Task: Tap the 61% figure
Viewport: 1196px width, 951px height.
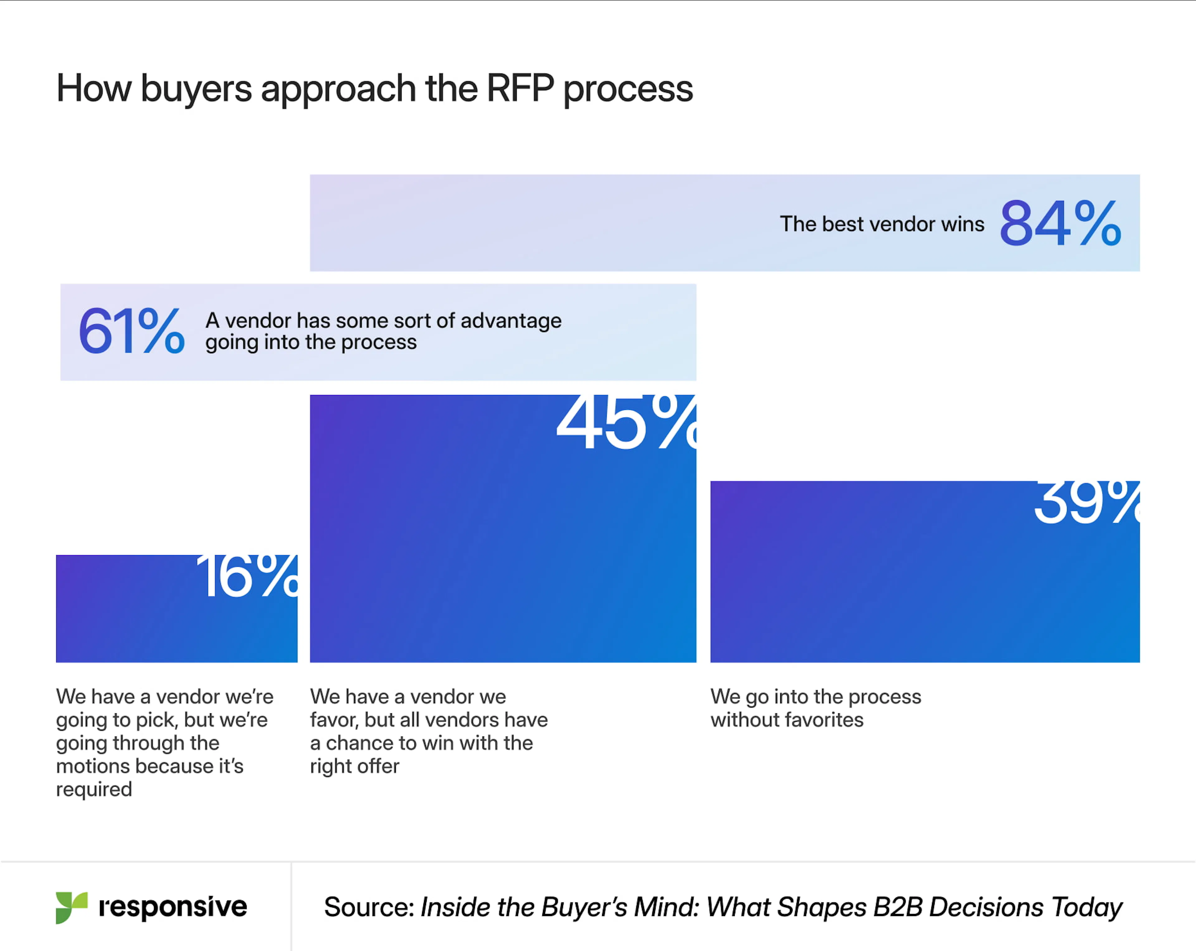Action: [x=131, y=331]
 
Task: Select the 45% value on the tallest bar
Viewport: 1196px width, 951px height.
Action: [x=626, y=423]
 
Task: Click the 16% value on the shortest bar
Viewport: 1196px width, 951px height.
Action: [x=247, y=577]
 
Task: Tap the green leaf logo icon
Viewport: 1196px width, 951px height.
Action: [x=71, y=907]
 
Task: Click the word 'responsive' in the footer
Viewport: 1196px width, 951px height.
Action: [x=173, y=907]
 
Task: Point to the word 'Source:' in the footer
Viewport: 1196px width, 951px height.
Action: [x=369, y=907]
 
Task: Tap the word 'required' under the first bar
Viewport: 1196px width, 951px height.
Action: [x=94, y=789]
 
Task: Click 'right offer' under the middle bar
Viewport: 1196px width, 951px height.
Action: [x=354, y=766]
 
